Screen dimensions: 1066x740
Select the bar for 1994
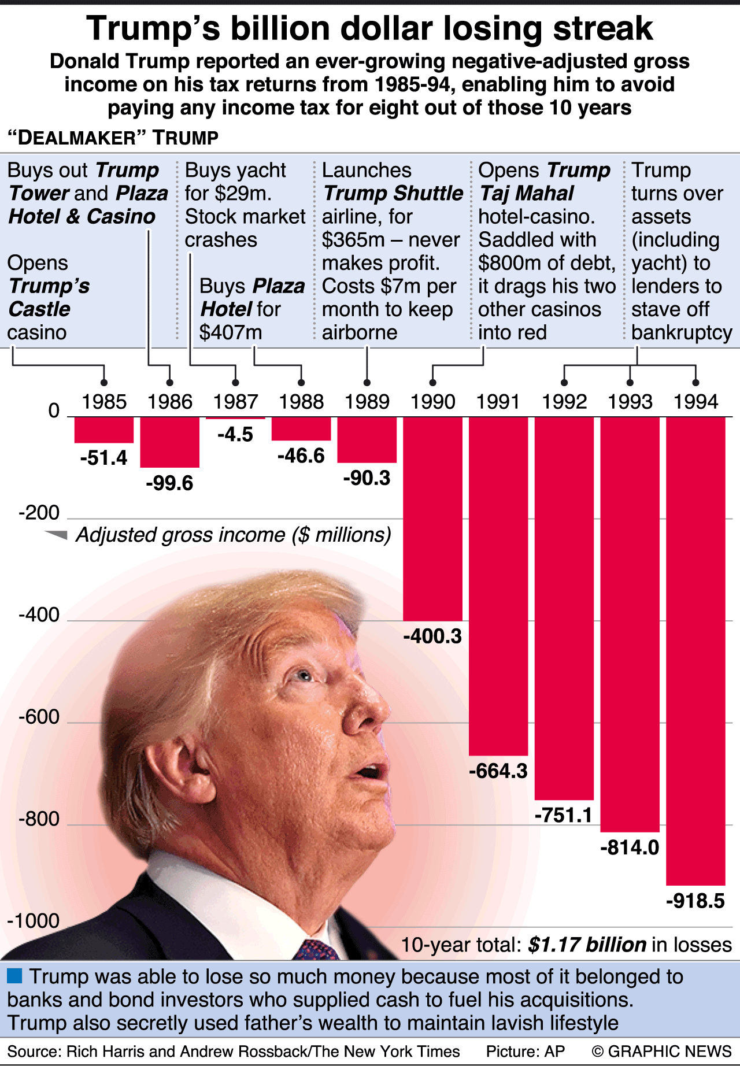click(695, 650)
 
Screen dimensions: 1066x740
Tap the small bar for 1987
click(235, 418)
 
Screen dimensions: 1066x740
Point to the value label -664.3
click(498, 771)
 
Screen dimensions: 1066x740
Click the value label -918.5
click(695, 901)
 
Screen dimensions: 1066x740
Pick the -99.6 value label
click(169, 483)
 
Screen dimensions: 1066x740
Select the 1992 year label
click(564, 402)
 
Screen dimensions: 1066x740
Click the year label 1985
click(104, 402)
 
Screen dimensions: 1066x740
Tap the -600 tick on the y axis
click(39, 717)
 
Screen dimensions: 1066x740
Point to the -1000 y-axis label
click(34, 921)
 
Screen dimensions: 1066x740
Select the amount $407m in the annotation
click(231, 332)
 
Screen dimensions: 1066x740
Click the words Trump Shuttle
click(393, 193)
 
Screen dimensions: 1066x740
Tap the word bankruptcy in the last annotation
click(682, 332)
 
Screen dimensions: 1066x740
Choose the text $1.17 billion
click(587, 945)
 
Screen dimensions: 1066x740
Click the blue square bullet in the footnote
click(14, 976)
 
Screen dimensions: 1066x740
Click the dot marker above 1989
click(367, 383)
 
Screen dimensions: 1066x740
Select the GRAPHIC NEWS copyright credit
click(662, 1051)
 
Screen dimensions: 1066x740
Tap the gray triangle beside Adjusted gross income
click(57, 535)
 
